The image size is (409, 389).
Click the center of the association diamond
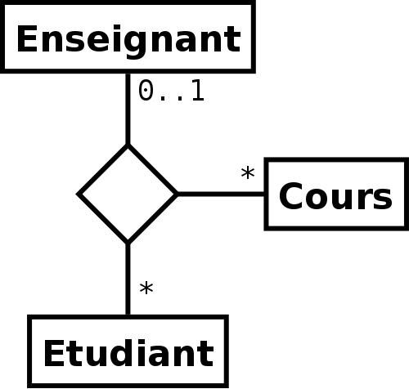[128, 194]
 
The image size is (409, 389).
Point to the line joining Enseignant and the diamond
[128, 109]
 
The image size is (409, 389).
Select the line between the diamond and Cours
[221, 194]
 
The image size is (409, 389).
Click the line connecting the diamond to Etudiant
[128, 279]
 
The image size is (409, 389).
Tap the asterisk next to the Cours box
[248, 173]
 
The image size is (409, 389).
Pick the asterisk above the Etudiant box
[146, 289]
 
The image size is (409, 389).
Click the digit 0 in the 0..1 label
[146, 90]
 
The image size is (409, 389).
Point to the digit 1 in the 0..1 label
[197, 90]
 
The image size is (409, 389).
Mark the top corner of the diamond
[128, 144]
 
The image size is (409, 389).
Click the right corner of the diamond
[178, 194]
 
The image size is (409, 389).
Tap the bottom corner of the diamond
[128, 244]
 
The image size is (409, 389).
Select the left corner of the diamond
[77, 194]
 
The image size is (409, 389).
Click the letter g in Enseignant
[136, 42]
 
